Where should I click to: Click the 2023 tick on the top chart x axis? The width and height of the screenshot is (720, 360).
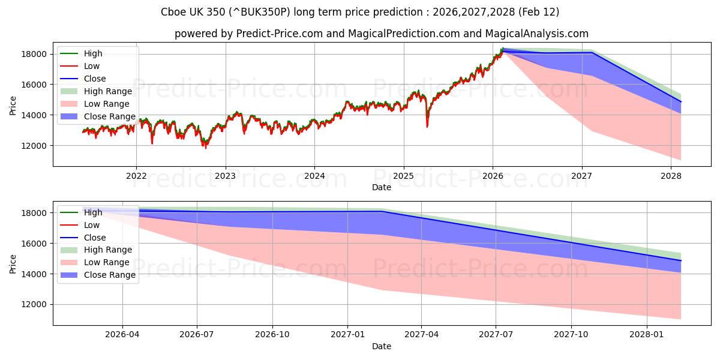(226, 175)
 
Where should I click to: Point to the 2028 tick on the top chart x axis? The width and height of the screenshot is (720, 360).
(671, 175)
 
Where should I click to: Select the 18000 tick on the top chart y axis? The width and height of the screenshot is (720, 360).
(34, 54)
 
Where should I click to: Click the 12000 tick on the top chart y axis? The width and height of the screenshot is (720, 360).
(34, 146)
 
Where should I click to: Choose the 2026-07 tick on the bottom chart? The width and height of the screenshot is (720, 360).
(197, 334)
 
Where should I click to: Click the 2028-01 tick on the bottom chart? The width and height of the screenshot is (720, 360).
(647, 334)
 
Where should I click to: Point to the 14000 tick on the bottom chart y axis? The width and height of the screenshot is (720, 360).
(34, 274)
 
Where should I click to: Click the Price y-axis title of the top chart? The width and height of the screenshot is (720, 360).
(13, 106)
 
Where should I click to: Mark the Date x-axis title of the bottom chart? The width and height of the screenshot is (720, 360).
(382, 346)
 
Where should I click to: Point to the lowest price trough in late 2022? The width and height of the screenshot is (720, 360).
(205, 147)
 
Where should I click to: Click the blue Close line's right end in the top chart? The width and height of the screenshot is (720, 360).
(681, 102)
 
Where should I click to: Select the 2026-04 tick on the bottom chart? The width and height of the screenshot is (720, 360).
(122, 334)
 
